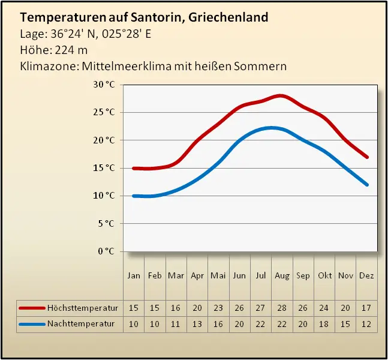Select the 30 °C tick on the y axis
(104, 85)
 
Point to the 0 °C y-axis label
(106, 251)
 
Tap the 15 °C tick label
(104, 168)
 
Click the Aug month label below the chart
(281, 276)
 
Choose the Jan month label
(134, 276)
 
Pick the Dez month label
(366, 276)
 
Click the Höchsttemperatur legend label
(83, 308)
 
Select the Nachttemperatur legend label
(80, 324)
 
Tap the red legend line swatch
(32, 308)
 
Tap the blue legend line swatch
(32, 324)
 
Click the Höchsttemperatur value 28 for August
(281, 308)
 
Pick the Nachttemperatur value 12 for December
(366, 324)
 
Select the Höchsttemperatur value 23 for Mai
(218, 308)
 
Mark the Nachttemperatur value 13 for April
(197, 324)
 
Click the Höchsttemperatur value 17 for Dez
(366, 308)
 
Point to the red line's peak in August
(280, 96)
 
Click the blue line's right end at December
(367, 184)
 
